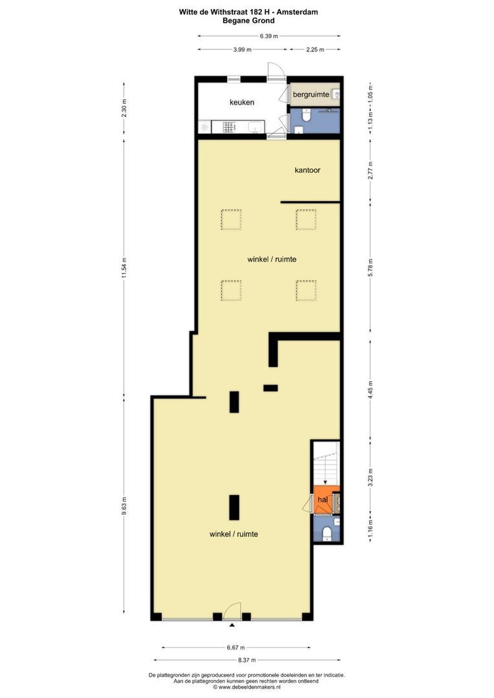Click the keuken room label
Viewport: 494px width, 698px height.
[242, 102]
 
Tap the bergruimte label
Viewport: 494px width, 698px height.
[311, 94]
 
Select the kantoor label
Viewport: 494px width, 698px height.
[307, 170]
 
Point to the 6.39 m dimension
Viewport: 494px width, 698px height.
[269, 36]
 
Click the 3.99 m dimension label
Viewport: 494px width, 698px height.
[242, 49]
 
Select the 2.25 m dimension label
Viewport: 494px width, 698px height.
[315, 49]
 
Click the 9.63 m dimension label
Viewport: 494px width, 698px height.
[124, 505]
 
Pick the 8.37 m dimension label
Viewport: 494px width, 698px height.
[247, 660]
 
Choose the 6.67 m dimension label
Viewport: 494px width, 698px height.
[235, 648]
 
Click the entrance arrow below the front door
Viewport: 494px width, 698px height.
[231, 626]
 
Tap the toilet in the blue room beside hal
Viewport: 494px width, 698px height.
[327, 532]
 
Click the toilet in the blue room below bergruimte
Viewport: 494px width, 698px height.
[306, 115]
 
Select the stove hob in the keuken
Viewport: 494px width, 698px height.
[229, 128]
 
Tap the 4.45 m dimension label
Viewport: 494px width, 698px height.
[370, 390]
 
